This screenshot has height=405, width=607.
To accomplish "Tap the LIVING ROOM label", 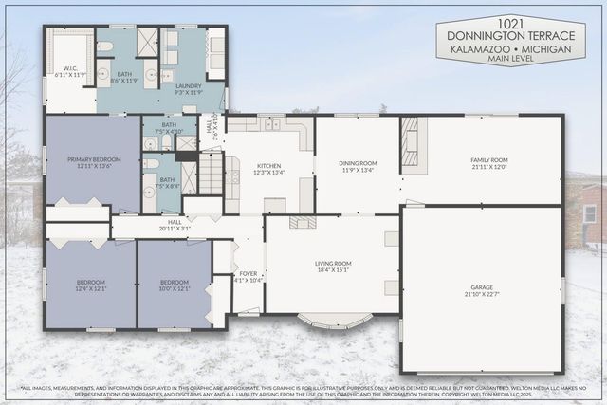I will pos(333,266).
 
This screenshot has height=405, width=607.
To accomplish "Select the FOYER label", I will pos(248,276).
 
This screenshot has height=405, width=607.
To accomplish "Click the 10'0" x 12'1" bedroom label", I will pos(174,284).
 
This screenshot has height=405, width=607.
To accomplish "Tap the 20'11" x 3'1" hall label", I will pos(175,225).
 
